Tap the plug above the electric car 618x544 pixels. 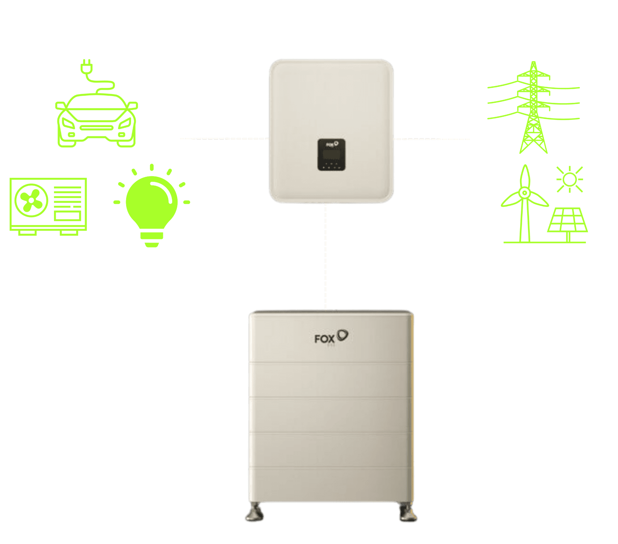[86, 67]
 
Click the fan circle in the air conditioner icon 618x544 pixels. [31, 200]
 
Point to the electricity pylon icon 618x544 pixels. [533, 107]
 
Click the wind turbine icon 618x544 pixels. [524, 204]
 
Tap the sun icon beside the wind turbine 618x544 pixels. [569, 179]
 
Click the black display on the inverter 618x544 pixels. [332, 154]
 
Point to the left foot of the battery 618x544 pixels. [255, 513]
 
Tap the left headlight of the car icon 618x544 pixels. [68, 123]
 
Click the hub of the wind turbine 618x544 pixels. [524, 193]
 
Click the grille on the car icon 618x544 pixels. [96, 128]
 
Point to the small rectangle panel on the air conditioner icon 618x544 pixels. [68, 216]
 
